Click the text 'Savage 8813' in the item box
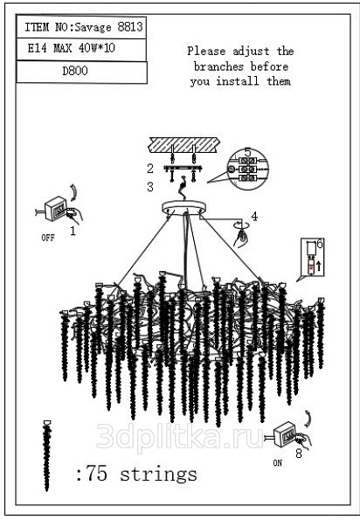coord(109,27)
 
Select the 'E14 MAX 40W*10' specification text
coord(72,48)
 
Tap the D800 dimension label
coord(75,71)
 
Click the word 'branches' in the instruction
coord(218,66)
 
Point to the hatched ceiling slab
coord(184,145)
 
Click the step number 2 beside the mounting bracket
coord(150,169)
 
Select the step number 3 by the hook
coord(150,187)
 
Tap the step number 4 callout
coord(254,217)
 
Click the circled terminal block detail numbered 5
coord(247,169)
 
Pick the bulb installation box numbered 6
coord(313,257)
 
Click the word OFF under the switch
coord(48,238)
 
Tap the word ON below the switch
coord(278,463)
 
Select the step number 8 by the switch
coord(299,454)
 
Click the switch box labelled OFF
coord(55,209)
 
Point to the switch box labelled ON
coord(285,433)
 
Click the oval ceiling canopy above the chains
coord(183,208)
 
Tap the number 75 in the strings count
coord(97,473)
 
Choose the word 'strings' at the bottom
coord(158,475)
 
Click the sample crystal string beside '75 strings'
coord(47,455)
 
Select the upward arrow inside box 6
coord(319,266)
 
